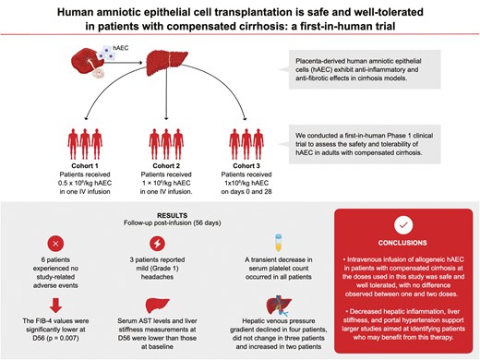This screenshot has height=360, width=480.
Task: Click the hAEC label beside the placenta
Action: [121, 48]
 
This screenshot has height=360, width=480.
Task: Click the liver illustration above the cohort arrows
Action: [167, 63]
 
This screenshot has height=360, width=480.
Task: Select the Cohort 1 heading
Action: [85, 166]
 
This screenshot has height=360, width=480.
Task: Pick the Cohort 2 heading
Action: [166, 166]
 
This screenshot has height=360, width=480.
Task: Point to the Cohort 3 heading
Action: [246, 166]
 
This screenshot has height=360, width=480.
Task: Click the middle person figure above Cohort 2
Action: [166, 144]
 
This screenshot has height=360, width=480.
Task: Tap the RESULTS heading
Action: [173, 215]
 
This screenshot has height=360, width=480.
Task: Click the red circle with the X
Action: [55, 244]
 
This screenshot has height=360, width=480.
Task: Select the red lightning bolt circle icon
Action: [157, 244]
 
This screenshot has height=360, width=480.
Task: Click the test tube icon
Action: [278, 243]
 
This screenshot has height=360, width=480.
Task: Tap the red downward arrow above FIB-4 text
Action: [55, 306]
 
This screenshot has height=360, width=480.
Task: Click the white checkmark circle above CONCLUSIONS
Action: [403, 224]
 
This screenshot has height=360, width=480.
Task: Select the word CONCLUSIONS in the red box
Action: [402, 243]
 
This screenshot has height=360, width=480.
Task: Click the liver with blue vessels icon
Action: [279, 306]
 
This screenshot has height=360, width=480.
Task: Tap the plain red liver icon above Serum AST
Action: [157, 306]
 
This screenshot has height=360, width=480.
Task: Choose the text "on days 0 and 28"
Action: [246, 192]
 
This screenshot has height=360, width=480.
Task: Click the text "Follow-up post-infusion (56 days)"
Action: [173, 222]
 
